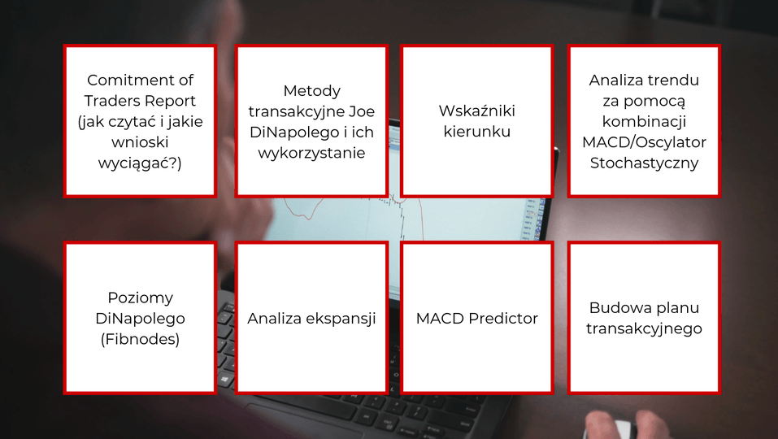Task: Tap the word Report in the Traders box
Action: (x=172, y=101)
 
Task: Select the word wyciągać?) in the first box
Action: (x=140, y=163)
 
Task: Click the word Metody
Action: (x=311, y=91)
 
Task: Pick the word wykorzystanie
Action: (x=311, y=154)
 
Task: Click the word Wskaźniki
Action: (x=477, y=111)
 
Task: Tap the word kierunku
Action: (x=477, y=132)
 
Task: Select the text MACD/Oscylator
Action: (x=644, y=142)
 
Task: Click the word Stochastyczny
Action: (x=644, y=163)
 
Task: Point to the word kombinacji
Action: (x=644, y=121)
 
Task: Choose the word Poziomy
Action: (x=141, y=298)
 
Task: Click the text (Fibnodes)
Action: (x=140, y=339)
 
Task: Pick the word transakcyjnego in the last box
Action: (x=644, y=329)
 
